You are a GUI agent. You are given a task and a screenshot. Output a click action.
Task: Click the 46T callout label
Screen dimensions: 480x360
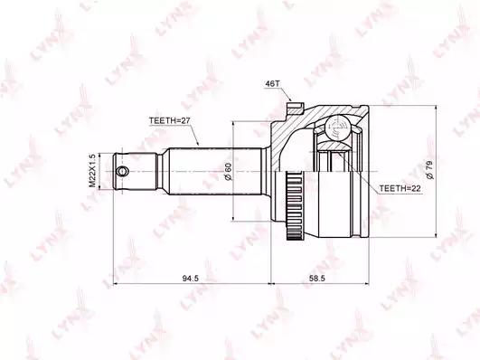[x=270, y=83]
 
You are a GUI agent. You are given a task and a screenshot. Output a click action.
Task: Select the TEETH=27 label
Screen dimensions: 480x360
[x=170, y=120]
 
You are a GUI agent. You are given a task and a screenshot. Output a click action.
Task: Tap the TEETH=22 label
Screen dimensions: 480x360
[x=400, y=188]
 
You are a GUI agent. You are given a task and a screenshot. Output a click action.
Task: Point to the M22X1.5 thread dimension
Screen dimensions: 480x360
[x=92, y=171]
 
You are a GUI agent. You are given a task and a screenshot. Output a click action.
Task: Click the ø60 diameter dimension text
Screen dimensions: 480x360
[x=228, y=172]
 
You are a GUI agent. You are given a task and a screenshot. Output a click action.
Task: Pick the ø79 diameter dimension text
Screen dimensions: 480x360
[x=429, y=169]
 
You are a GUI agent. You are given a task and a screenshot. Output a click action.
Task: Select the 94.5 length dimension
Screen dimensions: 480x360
[x=191, y=279]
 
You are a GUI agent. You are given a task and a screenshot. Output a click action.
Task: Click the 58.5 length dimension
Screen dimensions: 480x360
[x=316, y=279]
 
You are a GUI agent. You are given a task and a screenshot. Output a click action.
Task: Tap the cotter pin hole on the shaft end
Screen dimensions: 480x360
[x=123, y=171]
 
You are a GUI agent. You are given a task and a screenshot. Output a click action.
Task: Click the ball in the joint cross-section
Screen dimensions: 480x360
[x=337, y=128]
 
